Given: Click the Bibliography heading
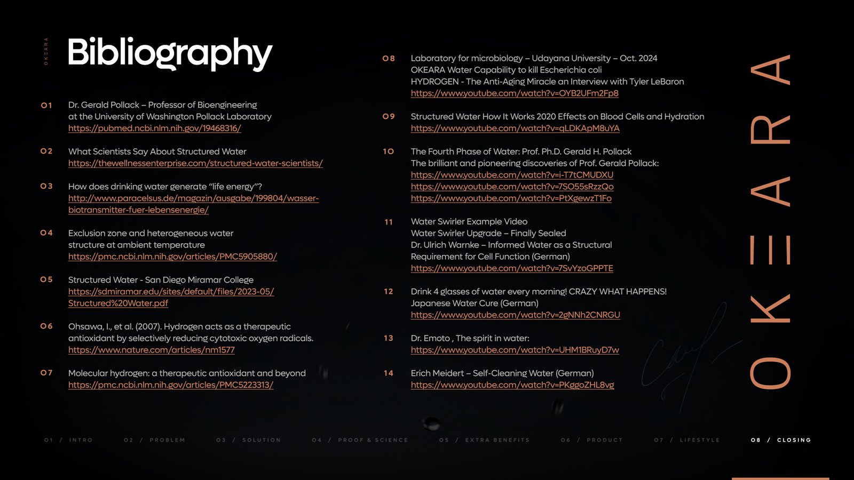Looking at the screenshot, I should (x=170, y=53).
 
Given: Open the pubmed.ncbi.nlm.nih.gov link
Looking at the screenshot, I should (x=155, y=129).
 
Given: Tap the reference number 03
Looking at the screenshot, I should (x=46, y=186).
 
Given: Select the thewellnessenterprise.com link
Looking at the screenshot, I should (x=195, y=164).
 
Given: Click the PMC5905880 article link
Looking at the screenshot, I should (x=172, y=257).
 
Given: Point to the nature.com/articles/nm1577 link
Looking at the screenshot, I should (x=152, y=350).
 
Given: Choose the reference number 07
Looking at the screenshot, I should (x=46, y=373).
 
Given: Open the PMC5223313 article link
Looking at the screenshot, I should (x=171, y=385).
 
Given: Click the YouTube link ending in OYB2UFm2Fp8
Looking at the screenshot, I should (x=515, y=93).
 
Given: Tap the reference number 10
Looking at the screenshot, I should (x=389, y=151).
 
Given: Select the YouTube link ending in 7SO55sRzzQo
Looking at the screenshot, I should (x=512, y=187).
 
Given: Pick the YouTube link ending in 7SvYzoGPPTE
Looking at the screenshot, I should (x=512, y=268).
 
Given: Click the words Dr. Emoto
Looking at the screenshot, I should (x=430, y=338).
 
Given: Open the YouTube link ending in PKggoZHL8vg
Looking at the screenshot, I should (x=512, y=385).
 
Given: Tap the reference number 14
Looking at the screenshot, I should (x=389, y=373).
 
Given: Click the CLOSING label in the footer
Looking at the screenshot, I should (x=794, y=440).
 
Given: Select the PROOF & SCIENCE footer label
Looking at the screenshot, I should (x=373, y=440).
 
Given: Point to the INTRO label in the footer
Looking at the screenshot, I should (x=81, y=440).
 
